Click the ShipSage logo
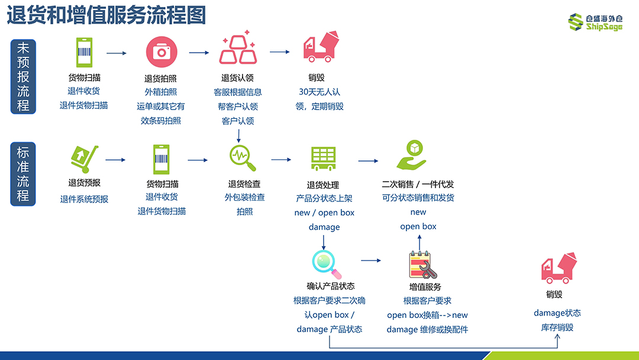[x=595, y=22]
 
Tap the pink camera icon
[x=162, y=52]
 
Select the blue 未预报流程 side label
[x=23, y=76]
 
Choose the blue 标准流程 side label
[x=23, y=174]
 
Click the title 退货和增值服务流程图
[x=106, y=15]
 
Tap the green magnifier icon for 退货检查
[x=242, y=157]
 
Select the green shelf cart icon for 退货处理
[x=323, y=159]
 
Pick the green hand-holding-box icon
[x=412, y=155]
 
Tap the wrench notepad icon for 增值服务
[x=422, y=265]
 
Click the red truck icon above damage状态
[x=559, y=268]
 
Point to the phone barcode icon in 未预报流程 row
[x=85, y=52]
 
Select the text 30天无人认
[x=319, y=92]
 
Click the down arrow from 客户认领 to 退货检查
[x=238, y=136]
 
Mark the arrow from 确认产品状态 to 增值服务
[x=371, y=261]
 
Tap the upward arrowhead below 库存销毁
[x=557, y=337]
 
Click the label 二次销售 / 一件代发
[x=418, y=184]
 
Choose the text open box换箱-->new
[x=428, y=315]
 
